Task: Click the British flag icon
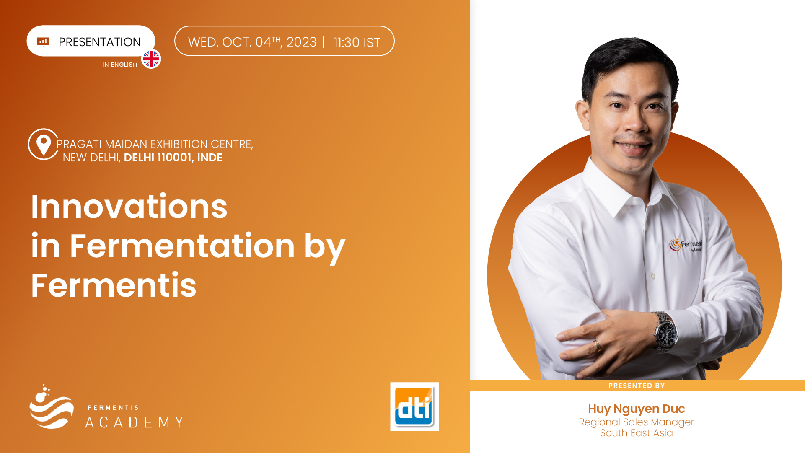point(151,59)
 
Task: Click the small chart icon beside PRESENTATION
point(43,41)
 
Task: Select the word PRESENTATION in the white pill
point(100,42)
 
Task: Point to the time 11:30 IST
point(357,42)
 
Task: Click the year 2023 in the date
point(302,42)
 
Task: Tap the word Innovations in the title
point(129,207)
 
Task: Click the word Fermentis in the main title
point(114,285)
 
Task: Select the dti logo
point(414,406)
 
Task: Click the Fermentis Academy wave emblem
point(51,407)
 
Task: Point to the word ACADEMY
point(134,422)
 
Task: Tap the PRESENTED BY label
point(637,386)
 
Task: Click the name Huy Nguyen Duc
point(636,409)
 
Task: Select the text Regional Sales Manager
point(636,422)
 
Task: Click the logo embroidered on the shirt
point(686,245)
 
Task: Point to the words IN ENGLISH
point(120,65)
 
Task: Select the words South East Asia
point(636,433)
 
